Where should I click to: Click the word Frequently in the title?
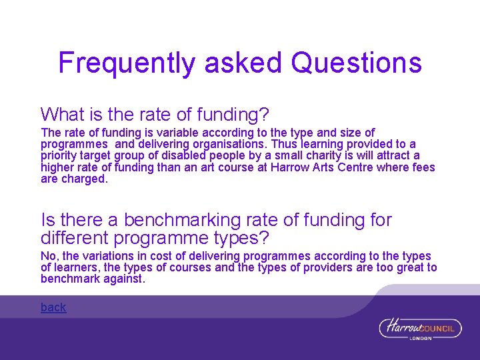127,63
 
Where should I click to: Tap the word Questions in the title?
357,63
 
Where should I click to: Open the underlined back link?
53,307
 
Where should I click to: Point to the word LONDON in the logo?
421,338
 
